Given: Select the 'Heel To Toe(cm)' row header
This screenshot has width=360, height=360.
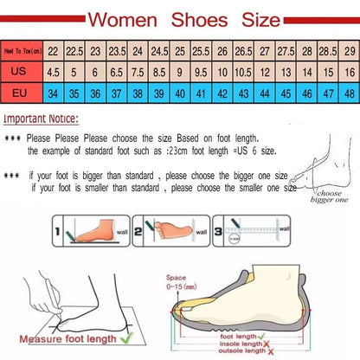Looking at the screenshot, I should coord(22,52).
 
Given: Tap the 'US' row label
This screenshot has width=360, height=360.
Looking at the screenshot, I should coord(22,73).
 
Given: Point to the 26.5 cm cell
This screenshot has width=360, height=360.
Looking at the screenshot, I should coord(244,52).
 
